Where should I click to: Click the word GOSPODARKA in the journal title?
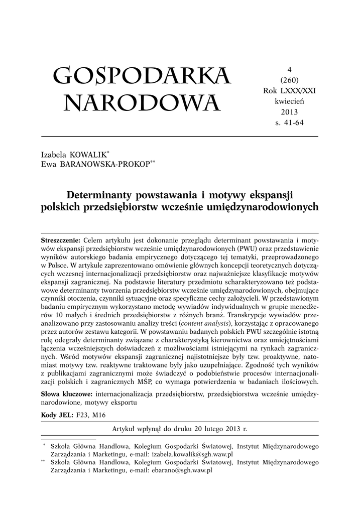coord(142,76)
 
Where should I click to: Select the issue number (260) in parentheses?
coord(289,80)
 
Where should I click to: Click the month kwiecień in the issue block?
coord(289,100)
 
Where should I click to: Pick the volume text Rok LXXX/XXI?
coord(289,90)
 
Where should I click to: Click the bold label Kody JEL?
coord(57,415)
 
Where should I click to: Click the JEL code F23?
coord(82,415)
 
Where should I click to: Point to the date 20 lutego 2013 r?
coord(217,429)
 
